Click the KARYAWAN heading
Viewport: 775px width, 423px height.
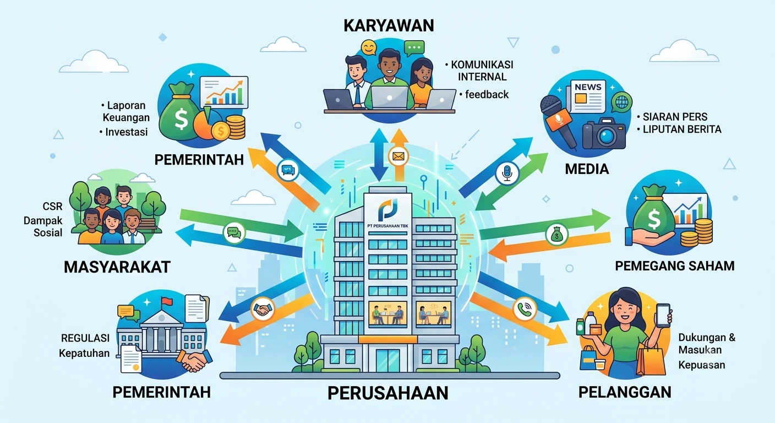389,26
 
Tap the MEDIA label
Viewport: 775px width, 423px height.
587,169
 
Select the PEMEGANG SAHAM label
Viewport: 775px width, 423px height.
675,266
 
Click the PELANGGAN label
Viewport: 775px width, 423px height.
625,392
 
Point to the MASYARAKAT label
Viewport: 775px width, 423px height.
117,267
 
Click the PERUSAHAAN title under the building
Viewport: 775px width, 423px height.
388,393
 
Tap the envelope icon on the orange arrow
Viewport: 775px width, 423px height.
398,157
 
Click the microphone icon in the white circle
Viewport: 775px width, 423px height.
507,173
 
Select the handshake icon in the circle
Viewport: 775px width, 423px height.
263,309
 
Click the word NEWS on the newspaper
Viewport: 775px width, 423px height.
588,87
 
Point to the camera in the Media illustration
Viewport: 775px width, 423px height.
604,133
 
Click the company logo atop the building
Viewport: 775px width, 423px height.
387,209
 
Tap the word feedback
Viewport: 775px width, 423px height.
487,95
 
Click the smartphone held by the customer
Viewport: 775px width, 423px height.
663,316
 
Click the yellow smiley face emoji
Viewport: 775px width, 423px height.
368,47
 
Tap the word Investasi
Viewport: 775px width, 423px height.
126,132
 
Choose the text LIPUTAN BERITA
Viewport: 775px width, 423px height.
682,129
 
